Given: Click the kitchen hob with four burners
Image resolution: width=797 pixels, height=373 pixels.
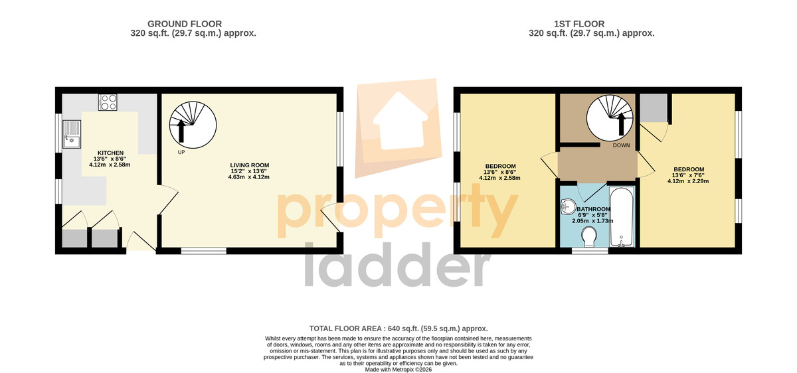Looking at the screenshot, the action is tap(108, 102).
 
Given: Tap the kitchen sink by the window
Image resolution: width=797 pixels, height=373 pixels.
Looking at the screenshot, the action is tap(72, 134).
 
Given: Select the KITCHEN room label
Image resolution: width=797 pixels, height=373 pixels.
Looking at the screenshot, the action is tap(111, 153).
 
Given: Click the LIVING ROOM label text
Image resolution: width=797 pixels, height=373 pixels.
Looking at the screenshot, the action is tap(250, 165).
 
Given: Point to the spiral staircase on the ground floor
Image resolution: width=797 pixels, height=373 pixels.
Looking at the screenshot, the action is tap(193, 125).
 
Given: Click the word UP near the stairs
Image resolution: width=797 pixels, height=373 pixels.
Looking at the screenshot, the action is tap(181, 152).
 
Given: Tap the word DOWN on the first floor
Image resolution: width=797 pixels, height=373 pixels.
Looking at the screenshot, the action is tap(621, 145).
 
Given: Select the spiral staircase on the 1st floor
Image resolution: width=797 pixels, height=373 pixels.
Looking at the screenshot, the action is tap(610, 117).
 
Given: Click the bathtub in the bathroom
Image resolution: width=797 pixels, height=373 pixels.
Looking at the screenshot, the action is tap(621, 216).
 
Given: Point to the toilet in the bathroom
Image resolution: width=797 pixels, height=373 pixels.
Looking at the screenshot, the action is tap(589, 237).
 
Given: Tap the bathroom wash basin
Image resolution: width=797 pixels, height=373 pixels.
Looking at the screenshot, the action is tap(569, 206).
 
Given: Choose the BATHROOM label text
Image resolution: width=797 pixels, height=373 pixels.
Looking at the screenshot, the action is tap(594, 210).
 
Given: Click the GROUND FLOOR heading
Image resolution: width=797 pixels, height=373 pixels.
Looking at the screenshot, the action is tap(185, 24).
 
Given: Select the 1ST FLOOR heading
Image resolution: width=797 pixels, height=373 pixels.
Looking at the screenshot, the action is tap(579, 24).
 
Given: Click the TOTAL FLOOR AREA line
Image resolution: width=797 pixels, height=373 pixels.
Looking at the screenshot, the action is tap(398, 329).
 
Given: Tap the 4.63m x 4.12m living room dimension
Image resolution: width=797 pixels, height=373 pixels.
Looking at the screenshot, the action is tap(248, 177).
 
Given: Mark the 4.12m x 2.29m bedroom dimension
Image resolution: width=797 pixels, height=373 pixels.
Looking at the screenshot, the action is tap(688, 181).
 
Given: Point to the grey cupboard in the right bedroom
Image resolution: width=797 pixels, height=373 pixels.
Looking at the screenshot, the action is tap(654, 108).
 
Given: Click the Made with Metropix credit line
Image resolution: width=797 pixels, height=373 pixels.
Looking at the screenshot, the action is tap(398, 370).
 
